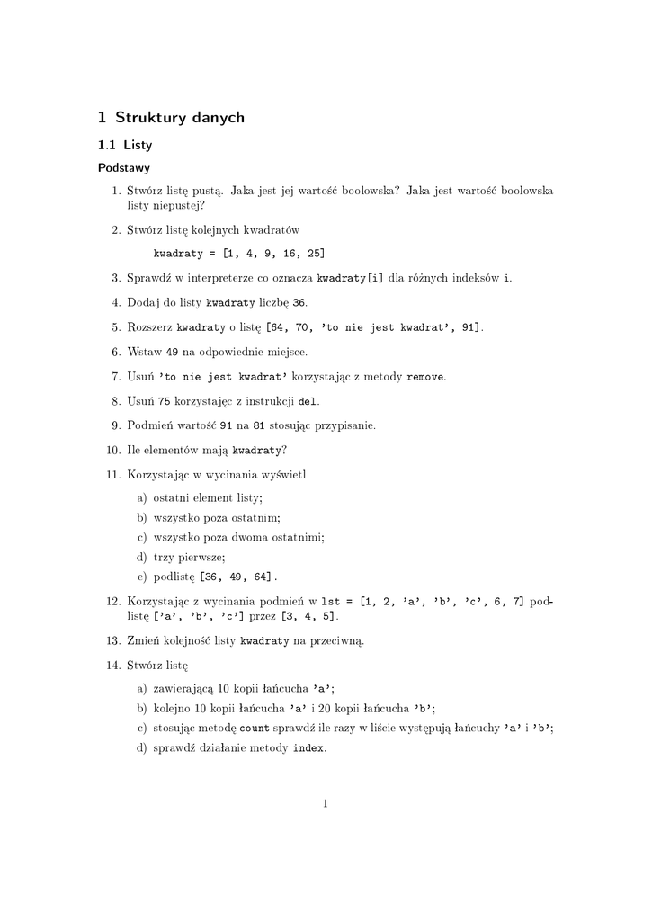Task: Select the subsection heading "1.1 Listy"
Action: (x=125, y=144)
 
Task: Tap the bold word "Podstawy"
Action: (x=124, y=167)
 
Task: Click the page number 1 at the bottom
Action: (x=326, y=803)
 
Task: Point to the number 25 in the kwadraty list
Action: (x=315, y=254)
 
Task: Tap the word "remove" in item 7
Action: (x=425, y=376)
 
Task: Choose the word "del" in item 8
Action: (x=307, y=401)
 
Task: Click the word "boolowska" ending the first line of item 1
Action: (x=526, y=191)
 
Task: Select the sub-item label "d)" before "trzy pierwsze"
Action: (x=141, y=558)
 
